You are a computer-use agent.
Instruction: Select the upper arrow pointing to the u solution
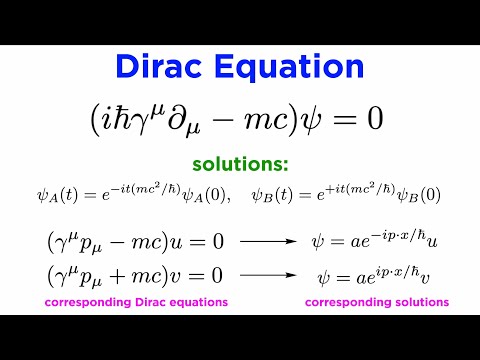(x=265, y=243)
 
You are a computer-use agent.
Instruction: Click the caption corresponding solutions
(x=376, y=301)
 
